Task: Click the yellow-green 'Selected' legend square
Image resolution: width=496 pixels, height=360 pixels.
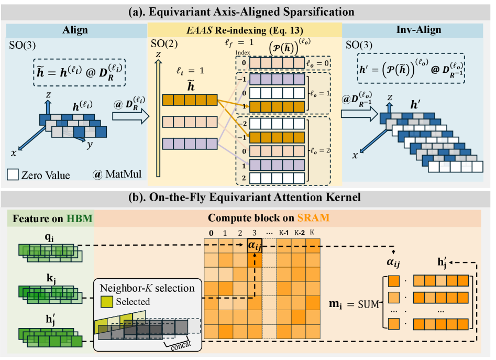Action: click(x=107, y=301)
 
